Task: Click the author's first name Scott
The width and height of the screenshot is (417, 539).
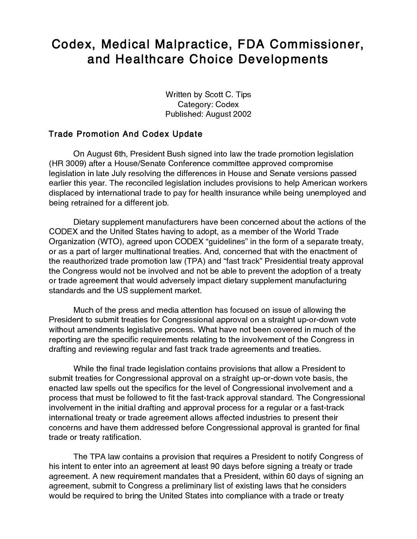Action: [x=211, y=94]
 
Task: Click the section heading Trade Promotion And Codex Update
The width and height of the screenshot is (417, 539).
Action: [x=125, y=134]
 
